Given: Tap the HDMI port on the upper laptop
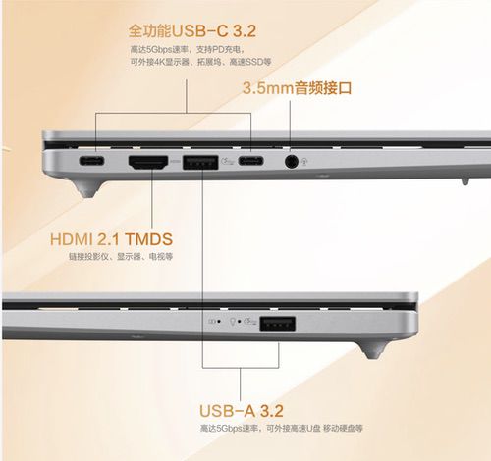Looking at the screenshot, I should tap(148, 160).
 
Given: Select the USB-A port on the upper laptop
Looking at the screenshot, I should tap(200, 160).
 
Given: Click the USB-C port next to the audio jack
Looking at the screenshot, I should tap(251, 160).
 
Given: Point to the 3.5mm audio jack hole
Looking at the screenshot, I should tap(291, 160).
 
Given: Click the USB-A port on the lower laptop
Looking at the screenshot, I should tap(278, 323).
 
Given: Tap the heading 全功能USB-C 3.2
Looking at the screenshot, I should tap(191, 29).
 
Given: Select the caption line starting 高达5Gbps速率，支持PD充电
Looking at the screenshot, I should tap(191, 48).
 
